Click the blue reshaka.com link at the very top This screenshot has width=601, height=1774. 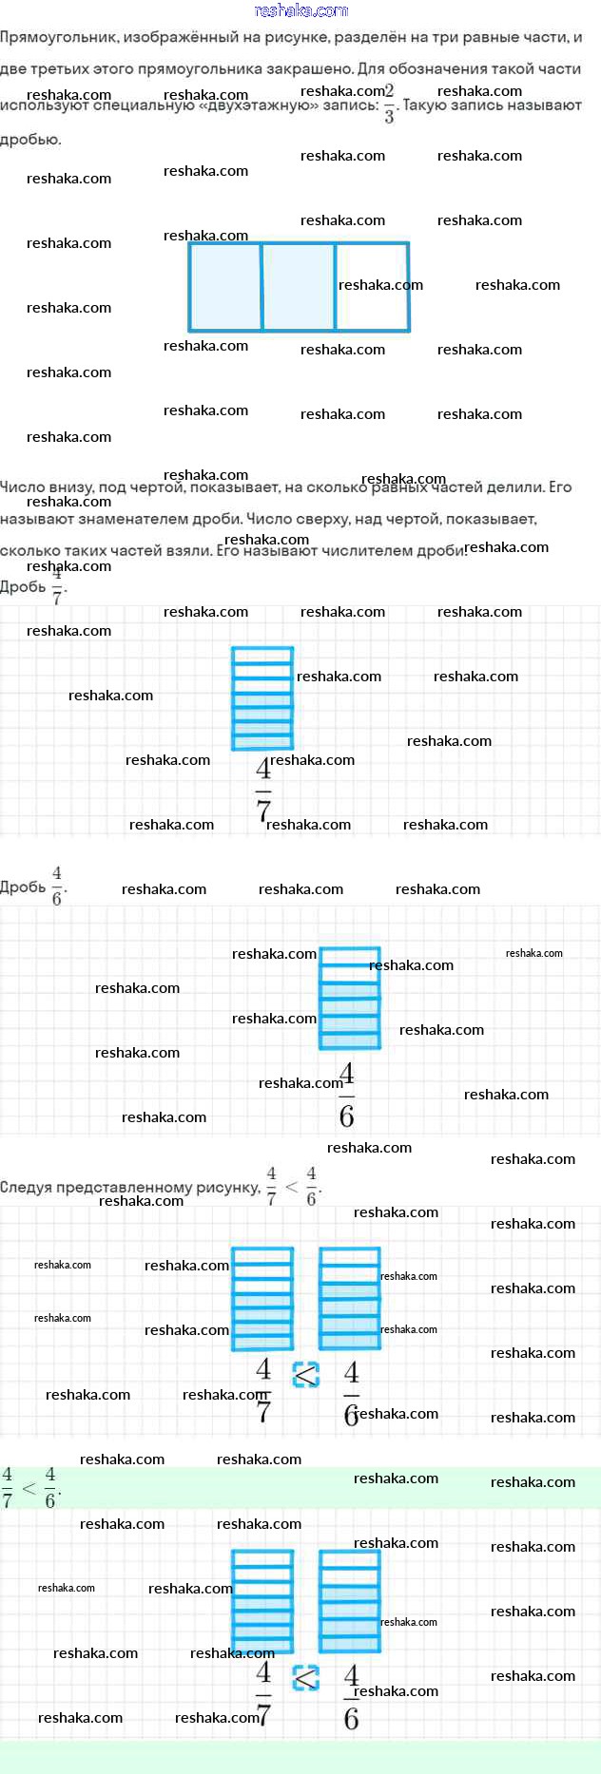pos(301,10)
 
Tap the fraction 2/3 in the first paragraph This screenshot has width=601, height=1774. pos(389,104)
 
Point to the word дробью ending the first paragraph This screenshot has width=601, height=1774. pos(30,140)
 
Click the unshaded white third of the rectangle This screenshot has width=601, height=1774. pos(372,287)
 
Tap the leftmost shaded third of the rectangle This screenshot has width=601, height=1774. pos(225,287)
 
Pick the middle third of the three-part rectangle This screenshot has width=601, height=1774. pos(299,287)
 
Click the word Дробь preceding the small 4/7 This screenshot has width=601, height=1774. pos(23,587)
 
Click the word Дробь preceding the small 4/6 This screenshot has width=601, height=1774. pos(23,887)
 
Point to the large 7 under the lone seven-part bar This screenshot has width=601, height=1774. pos(263,809)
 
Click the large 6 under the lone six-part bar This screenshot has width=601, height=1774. pos(347,1116)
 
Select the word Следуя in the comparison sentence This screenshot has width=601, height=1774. pos(25,1188)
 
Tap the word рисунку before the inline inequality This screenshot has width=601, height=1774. pos(227,1188)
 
